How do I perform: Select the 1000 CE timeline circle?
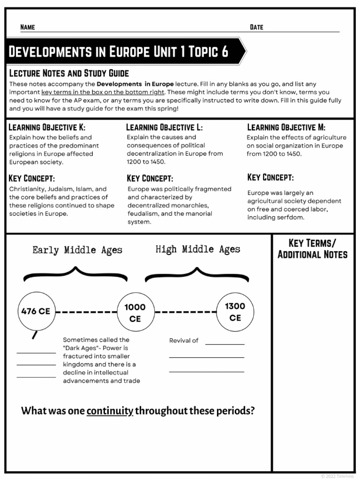pyautogui.click(x=135, y=313)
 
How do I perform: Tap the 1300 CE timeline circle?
pyautogui.click(x=235, y=312)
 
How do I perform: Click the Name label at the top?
pyautogui.click(x=28, y=27)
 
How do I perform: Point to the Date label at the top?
pyautogui.click(x=256, y=27)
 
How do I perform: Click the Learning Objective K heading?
pyautogui.click(x=47, y=127)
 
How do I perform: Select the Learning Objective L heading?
pyautogui.click(x=165, y=127)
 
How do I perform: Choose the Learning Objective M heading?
pyautogui.click(x=286, y=127)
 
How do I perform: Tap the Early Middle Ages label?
pyautogui.click(x=77, y=250)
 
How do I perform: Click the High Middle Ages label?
pyautogui.click(x=198, y=249)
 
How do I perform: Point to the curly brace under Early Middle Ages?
pyautogui.click(x=75, y=275)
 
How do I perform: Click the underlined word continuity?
pyautogui.click(x=110, y=411)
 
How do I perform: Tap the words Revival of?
pyautogui.click(x=184, y=340)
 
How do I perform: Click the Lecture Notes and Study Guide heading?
pyautogui.click(x=69, y=73)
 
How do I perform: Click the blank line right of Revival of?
pyautogui.click(x=225, y=343)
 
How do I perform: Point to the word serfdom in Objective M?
pyautogui.click(x=292, y=217)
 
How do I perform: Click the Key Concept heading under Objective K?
pyautogui.click(x=32, y=178)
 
